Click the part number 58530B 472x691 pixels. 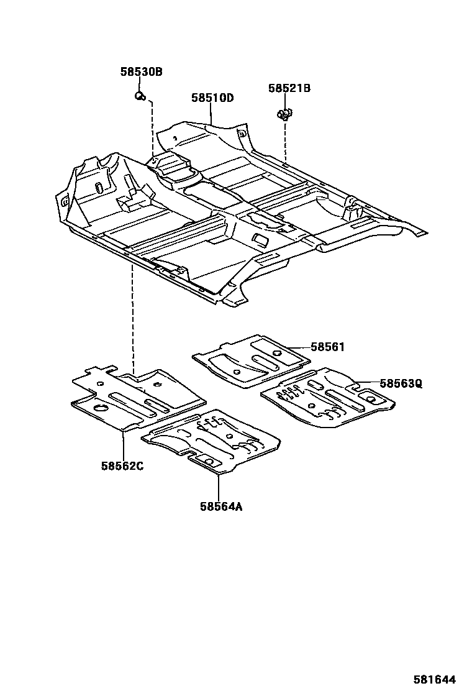141,72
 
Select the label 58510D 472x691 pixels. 212,98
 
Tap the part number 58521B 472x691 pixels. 289,88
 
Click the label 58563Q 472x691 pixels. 401,383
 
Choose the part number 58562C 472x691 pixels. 122,465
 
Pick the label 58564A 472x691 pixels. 220,506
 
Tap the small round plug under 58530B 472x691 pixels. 140,95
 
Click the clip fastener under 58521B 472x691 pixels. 284,114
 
